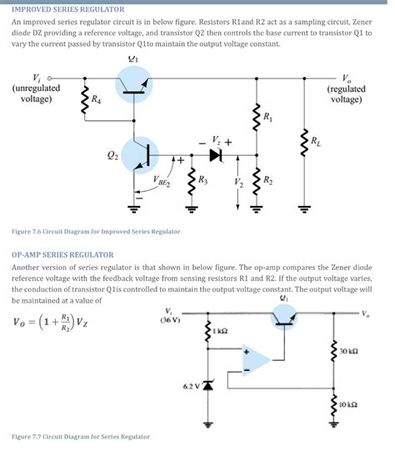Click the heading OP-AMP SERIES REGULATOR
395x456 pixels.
click(x=62, y=254)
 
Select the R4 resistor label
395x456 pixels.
click(x=97, y=99)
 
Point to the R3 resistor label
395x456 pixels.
click(x=202, y=180)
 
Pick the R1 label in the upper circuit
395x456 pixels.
click(x=267, y=118)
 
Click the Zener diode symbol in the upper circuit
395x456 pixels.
click(x=216, y=154)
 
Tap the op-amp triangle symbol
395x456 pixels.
click(x=258, y=359)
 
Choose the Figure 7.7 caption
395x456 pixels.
click(x=81, y=436)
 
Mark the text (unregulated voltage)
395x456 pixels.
click(x=36, y=93)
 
